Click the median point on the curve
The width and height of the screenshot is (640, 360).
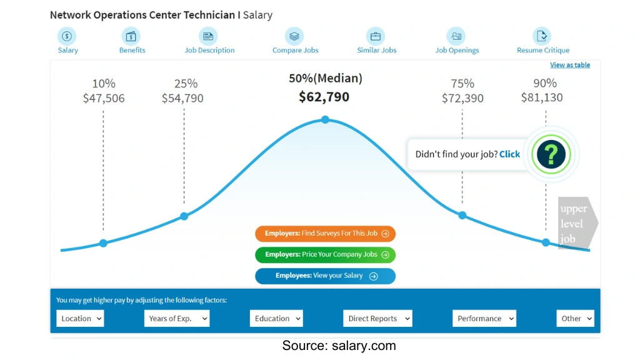pos(325,119)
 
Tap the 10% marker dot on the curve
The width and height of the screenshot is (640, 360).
pos(103,243)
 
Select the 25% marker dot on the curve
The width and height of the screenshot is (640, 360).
pos(184,216)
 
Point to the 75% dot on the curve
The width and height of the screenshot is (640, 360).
pos(462,215)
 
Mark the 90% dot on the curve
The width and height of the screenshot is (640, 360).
pos(546,242)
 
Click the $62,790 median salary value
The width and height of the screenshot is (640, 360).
pos(324,97)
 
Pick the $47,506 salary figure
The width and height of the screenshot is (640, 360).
pos(104,98)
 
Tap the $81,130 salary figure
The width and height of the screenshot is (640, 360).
pos(542,97)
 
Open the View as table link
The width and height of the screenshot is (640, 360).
pos(569,65)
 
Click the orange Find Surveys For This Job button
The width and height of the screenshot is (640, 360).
pos(325,234)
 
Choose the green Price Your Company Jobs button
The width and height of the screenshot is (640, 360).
pos(325,255)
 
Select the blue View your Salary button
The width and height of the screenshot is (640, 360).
pos(325,276)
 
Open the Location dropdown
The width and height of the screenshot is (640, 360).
pos(80,319)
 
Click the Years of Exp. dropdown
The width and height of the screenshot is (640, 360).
pos(176,319)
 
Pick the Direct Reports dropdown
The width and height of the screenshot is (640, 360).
pos(377,319)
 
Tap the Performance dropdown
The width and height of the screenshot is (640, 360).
pos(484,319)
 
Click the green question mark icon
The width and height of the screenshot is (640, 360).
pos(551,154)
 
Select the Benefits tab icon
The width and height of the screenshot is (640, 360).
pos(131,36)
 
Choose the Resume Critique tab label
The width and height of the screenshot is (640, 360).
pos(543,51)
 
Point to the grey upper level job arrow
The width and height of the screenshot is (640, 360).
pos(577,223)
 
